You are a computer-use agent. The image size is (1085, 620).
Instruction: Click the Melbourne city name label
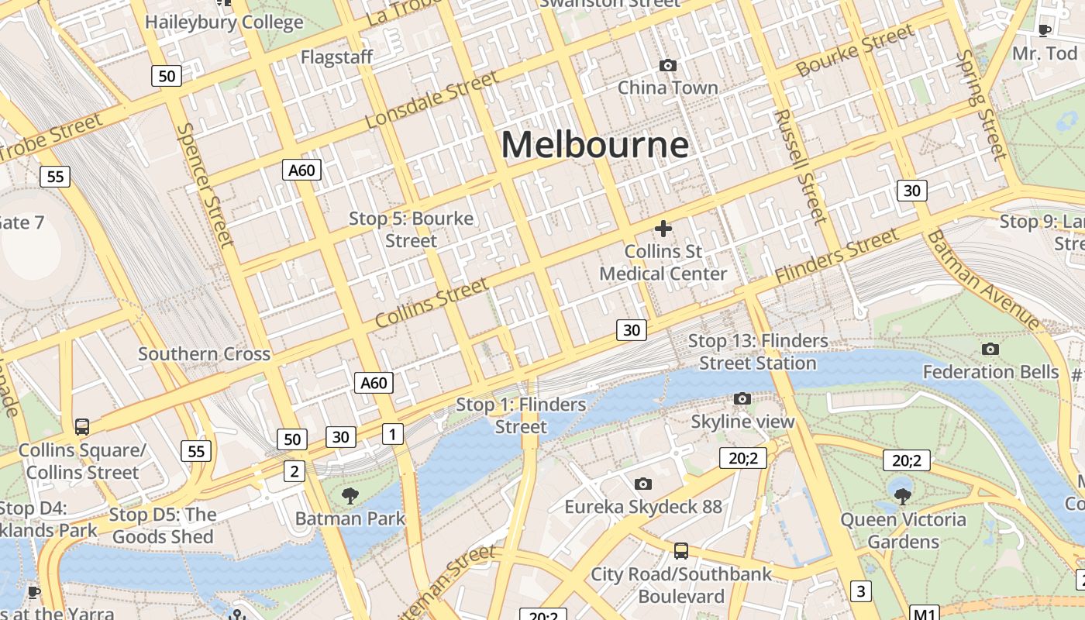coord(594,145)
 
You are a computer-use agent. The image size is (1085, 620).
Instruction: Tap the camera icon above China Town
coord(667,66)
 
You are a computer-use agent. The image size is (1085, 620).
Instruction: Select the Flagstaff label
coord(336,57)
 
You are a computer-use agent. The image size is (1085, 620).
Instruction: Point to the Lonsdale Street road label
coord(432,100)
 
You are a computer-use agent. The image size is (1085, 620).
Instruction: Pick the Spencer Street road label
coord(205,185)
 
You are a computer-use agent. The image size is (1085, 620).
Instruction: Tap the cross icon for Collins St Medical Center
coord(663,229)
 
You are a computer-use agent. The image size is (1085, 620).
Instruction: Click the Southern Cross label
coord(204,354)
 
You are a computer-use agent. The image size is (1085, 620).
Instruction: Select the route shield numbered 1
coord(393,434)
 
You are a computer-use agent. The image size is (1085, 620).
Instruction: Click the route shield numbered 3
coord(860,591)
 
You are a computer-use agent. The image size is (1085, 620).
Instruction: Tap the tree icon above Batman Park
coord(350,495)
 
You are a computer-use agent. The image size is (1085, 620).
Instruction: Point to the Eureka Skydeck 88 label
coord(642,507)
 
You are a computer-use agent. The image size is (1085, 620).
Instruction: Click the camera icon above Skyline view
coord(742,399)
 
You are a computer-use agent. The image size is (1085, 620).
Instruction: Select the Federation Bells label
coord(990,372)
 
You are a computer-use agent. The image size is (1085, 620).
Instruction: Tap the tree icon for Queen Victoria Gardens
coord(903,496)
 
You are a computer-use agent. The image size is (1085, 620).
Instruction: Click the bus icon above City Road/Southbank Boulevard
coord(681,551)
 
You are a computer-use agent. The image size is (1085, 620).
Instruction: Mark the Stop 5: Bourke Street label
coord(411,229)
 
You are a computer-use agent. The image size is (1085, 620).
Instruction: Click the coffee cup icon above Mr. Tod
coord(1045,30)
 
